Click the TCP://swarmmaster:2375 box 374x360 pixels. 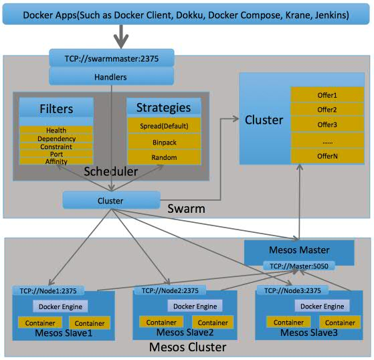point(112,58)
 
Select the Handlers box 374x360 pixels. point(111,76)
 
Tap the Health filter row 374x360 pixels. point(56,130)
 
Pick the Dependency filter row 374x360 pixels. point(56,139)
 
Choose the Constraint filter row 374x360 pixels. point(56,147)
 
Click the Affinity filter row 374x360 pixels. point(56,161)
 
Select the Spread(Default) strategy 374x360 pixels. point(164,126)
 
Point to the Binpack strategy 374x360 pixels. point(164,142)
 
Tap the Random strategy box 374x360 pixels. point(164,157)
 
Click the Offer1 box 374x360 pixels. point(327,95)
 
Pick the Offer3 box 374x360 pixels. point(327,124)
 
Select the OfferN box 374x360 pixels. point(327,156)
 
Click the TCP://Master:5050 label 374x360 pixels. point(299,266)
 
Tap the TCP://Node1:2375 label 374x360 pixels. point(48,290)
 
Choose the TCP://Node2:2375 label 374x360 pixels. point(170,290)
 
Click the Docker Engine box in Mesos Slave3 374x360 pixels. point(322,306)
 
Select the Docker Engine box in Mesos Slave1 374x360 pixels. point(60,306)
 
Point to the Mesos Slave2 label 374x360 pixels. point(185,332)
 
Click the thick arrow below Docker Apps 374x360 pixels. point(121,37)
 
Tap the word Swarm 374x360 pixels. point(186,209)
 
